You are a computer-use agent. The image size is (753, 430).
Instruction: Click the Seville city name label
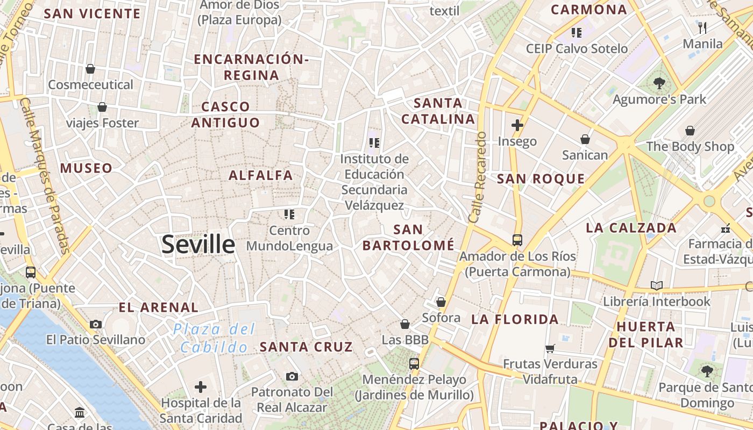coord(198,245)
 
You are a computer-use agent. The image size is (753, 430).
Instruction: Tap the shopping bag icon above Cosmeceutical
coord(90,69)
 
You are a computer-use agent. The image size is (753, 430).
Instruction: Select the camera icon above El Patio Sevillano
coord(96,324)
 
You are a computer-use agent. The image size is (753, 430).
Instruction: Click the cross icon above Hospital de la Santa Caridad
coord(201,386)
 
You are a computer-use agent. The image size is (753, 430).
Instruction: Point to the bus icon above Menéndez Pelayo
coord(414,364)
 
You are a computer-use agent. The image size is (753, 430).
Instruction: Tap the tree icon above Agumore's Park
coord(659,83)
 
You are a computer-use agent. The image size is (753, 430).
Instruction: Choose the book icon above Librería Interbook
coord(656,285)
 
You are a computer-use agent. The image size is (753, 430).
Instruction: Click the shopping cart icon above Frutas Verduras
coord(550,348)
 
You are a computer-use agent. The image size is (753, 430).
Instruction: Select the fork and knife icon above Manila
coord(702,27)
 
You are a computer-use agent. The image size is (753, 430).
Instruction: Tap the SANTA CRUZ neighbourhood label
coord(306,347)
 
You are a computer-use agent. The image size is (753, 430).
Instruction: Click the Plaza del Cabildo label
coord(214,338)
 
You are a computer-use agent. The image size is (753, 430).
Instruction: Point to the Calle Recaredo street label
coord(477,177)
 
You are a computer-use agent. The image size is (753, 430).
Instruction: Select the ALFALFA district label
coord(261,175)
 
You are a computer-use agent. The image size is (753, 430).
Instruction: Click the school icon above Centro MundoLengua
coord(289,214)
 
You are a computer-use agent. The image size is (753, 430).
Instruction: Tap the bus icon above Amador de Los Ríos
coord(517,240)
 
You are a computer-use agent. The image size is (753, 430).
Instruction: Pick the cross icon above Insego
coord(517,125)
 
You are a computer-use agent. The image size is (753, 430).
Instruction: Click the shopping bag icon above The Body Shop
coord(690,131)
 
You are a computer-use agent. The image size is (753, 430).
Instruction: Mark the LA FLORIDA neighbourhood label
coord(515,319)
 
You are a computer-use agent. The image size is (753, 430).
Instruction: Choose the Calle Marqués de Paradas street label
coord(46,175)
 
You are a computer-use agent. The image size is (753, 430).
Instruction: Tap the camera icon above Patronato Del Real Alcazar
coord(292,376)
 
